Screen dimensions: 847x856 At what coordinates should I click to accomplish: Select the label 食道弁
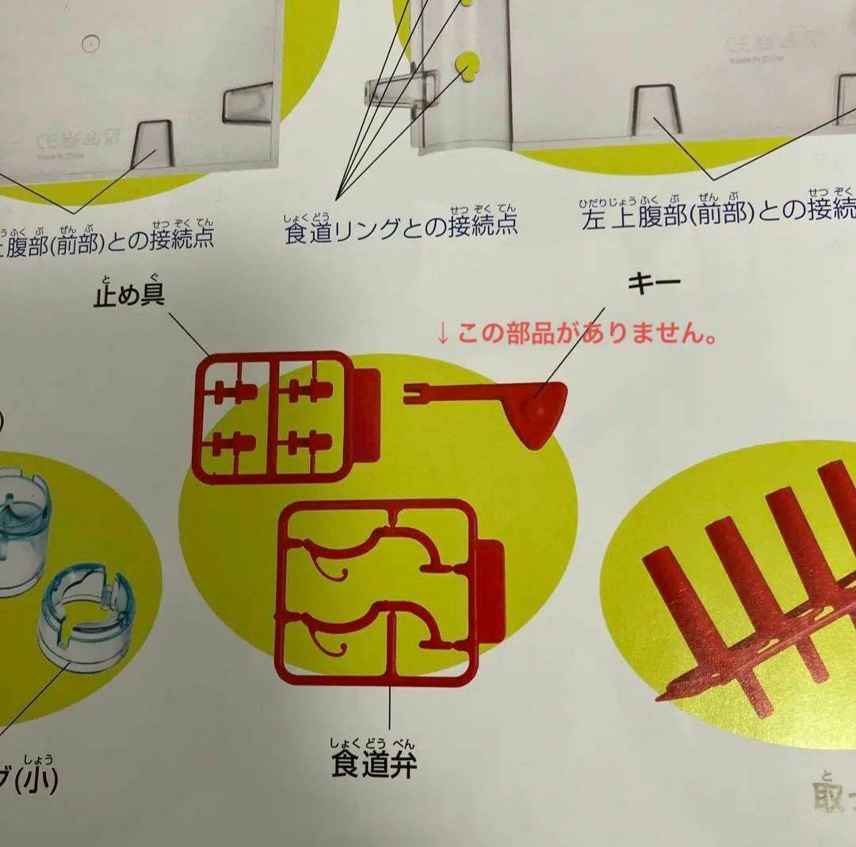[x=373, y=765]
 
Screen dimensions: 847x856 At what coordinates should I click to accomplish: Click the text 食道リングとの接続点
[x=401, y=225]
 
